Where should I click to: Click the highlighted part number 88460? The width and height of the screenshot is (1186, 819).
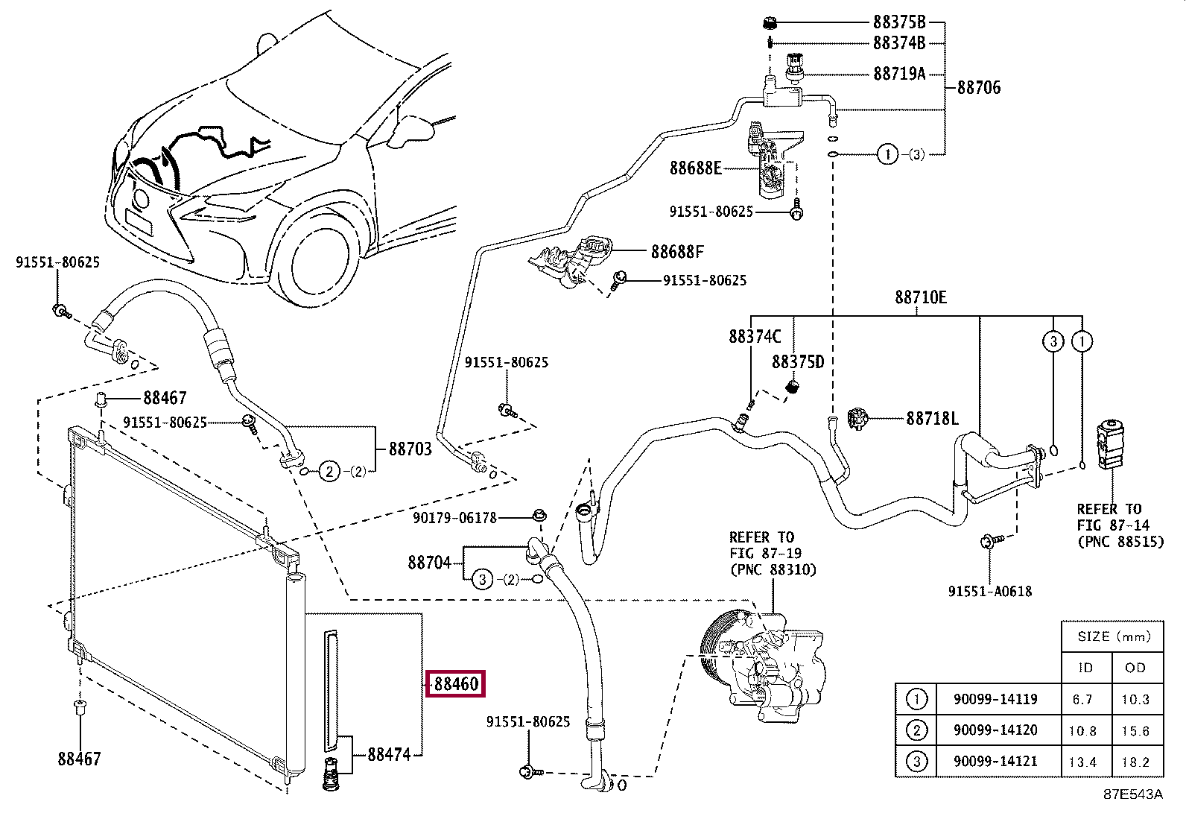click(x=455, y=683)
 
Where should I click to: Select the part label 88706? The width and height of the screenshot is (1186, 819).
click(x=979, y=87)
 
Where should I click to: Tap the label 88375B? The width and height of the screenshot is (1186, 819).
click(x=899, y=22)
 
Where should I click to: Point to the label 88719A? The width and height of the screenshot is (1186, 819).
click(x=899, y=74)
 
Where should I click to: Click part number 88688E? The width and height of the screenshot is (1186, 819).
click(x=695, y=168)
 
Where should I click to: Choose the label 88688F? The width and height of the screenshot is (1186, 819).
click(x=677, y=252)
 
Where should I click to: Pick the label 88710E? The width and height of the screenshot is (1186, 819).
click(x=921, y=297)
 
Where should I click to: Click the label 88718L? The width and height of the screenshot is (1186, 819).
click(x=932, y=419)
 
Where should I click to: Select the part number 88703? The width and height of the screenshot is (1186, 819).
click(x=410, y=449)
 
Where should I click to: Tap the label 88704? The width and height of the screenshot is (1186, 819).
click(x=429, y=562)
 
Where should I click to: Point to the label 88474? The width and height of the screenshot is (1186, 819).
click(x=389, y=754)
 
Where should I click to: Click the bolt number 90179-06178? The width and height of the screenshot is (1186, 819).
click(x=455, y=518)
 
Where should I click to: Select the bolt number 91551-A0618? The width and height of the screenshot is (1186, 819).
click(x=990, y=591)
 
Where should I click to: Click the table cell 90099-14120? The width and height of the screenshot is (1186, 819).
click(x=995, y=730)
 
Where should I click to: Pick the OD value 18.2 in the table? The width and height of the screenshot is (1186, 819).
click(x=1135, y=762)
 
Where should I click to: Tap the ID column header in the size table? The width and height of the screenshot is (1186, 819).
click(x=1085, y=668)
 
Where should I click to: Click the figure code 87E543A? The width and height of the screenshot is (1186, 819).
click(x=1133, y=794)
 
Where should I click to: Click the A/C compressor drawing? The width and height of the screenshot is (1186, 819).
click(x=762, y=668)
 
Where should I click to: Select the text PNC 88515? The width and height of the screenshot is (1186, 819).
click(x=1120, y=542)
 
